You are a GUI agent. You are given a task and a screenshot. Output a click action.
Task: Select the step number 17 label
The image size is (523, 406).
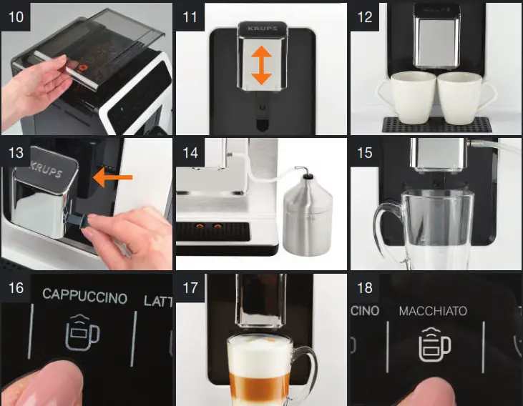[x=190, y=289]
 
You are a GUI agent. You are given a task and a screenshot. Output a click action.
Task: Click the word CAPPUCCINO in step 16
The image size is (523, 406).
[x=84, y=297]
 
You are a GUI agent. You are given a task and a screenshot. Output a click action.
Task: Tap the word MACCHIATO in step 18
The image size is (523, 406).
[x=433, y=311]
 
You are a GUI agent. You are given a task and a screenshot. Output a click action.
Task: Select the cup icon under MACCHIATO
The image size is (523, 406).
[x=434, y=345]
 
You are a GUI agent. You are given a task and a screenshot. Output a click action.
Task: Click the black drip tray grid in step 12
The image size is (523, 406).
[x=436, y=125]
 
